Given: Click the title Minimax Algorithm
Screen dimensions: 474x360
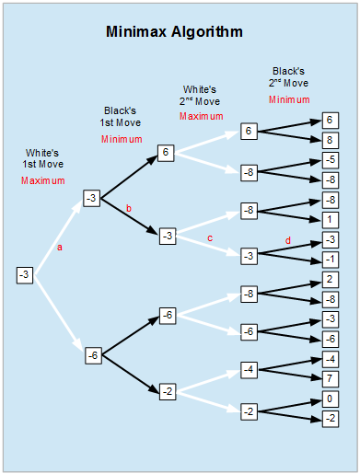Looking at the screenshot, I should [x=174, y=32].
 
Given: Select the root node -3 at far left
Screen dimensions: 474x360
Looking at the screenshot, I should [x=25, y=274].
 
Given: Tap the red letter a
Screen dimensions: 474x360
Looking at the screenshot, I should [x=61, y=248].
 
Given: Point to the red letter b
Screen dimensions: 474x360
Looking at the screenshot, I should [x=128, y=209].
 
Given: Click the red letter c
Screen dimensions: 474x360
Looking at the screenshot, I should [x=209, y=238].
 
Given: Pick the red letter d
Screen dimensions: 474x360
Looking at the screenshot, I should [x=288, y=242].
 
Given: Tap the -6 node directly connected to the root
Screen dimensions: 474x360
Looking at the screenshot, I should [x=92, y=353].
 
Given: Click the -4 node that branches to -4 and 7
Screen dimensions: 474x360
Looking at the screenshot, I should [x=248, y=369].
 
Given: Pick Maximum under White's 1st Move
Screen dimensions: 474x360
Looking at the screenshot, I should [x=43, y=180].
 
